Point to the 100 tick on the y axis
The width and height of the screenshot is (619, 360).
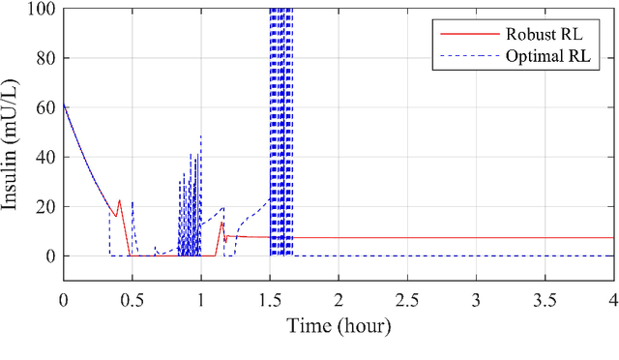click(x=42, y=10)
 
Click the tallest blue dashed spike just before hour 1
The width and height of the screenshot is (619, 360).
click(x=201, y=136)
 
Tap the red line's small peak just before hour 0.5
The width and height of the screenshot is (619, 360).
click(x=120, y=200)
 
